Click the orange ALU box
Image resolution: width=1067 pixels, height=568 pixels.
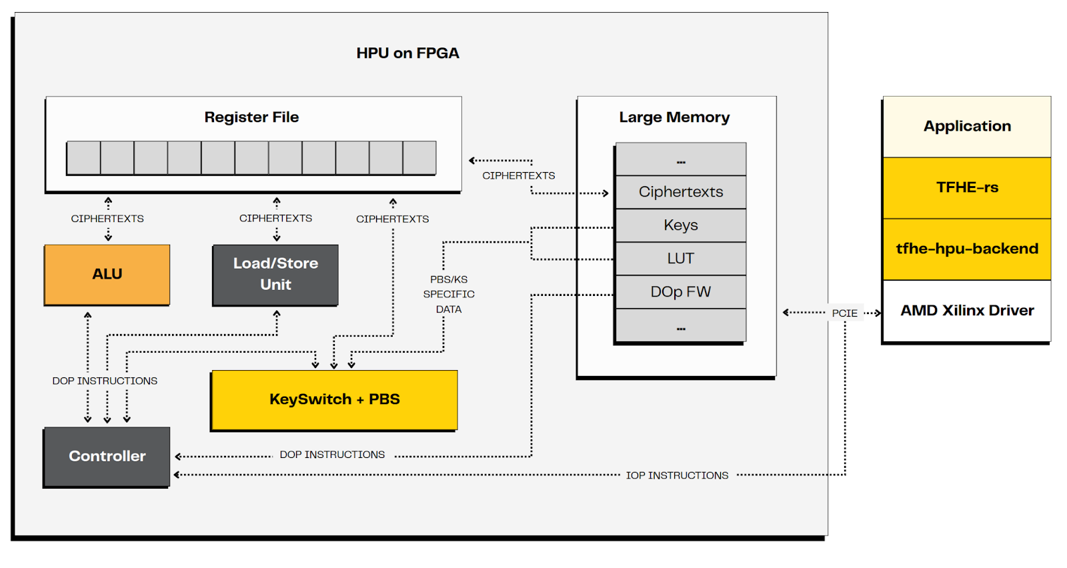tap(107, 275)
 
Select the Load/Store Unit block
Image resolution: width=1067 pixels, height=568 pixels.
tap(275, 275)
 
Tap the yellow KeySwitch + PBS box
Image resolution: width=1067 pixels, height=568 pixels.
tap(334, 399)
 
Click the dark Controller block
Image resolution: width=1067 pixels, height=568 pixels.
tap(107, 457)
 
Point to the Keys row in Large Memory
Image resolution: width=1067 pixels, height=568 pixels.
tap(680, 225)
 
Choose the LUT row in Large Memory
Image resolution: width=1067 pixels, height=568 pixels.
tap(680, 259)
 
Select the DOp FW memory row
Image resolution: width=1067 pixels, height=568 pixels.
tap(680, 292)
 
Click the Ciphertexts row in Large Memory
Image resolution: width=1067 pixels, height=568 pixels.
tap(680, 192)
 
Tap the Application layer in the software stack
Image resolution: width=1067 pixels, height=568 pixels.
tap(967, 127)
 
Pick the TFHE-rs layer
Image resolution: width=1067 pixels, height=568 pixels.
tap(967, 188)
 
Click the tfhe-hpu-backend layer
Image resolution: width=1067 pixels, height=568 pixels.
tap(967, 249)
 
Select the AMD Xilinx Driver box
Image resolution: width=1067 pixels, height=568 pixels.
tap(967, 311)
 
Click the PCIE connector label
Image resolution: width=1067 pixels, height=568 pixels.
tap(844, 313)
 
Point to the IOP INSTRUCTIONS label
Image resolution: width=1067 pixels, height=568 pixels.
tap(677, 475)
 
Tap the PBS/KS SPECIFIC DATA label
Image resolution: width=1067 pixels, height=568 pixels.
tap(449, 294)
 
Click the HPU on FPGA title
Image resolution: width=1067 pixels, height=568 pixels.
tap(407, 53)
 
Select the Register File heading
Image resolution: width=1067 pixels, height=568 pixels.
tap(251, 117)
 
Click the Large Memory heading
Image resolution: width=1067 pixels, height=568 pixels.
tap(674, 117)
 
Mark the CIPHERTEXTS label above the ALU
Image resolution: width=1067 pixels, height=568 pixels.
tap(107, 219)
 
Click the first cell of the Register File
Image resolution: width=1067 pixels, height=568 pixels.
tap(83, 158)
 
